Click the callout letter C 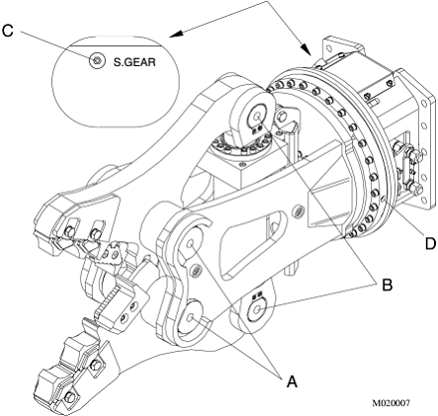8,31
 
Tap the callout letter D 430,244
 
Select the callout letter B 387,285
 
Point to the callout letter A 292,381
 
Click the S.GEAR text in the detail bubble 134,62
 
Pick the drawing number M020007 392,403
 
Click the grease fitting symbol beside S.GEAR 97,60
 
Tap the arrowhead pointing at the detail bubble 176,34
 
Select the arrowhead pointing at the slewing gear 307,50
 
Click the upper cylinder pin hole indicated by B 257,116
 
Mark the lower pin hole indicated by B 258,308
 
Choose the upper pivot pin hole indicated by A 190,244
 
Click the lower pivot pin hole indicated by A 191,317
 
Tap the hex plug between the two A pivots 195,271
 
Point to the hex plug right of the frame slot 298,211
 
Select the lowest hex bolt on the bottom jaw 69,397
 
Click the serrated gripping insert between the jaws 108,302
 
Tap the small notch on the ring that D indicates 383,199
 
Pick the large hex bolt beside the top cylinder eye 281,117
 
